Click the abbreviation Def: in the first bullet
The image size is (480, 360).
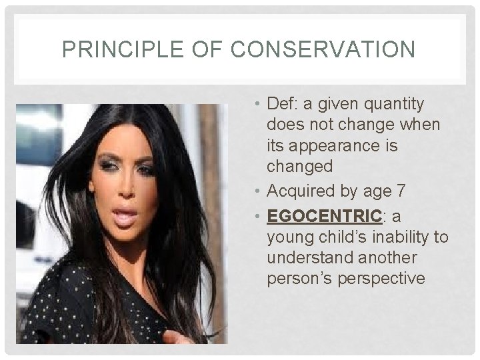[283, 104]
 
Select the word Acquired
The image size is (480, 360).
[301, 191]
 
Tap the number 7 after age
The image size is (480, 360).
[400, 191]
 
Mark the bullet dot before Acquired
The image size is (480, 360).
[257, 192]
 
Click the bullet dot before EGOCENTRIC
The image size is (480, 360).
[257, 216]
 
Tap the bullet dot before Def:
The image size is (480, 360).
[257, 105]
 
